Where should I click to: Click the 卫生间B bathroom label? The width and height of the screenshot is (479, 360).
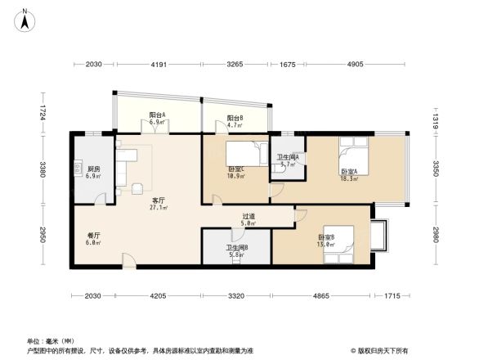click(237, 251)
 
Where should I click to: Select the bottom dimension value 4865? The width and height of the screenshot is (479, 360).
click(321, 295)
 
